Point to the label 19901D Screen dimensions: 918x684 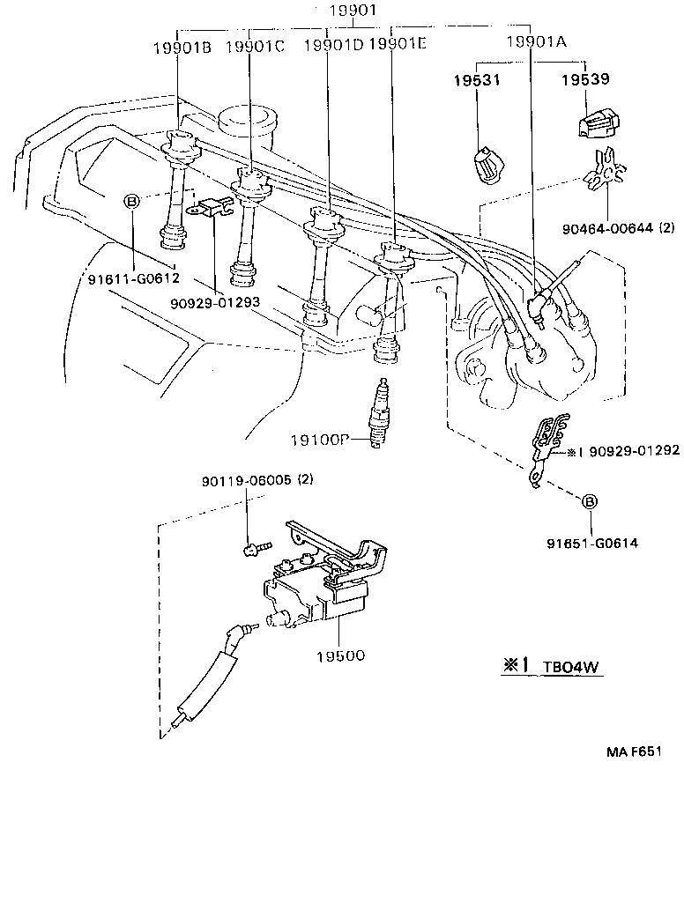click(x=333, y=44)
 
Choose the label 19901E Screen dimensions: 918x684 click(x=398, y=44)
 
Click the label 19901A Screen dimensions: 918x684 click(x=537, y=42)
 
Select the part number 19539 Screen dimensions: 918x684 click(x=586, y=80)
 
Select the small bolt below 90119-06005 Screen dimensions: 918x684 click(x=249, y=550)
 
